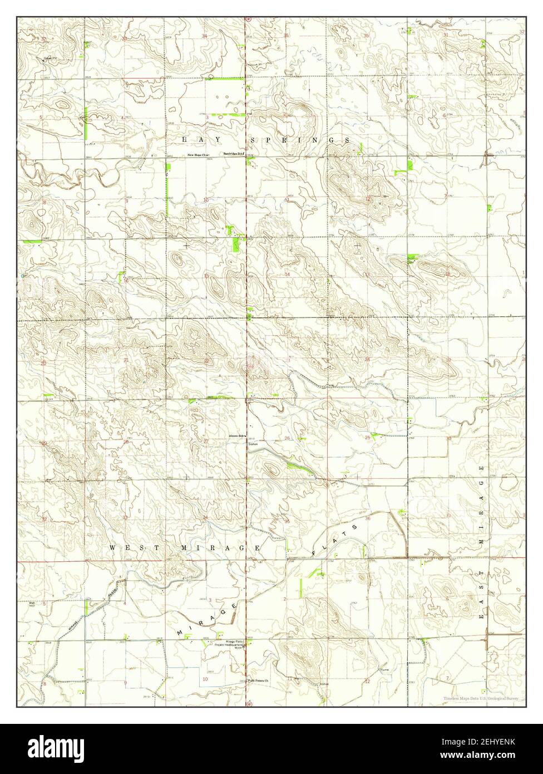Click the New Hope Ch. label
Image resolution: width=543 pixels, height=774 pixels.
197,155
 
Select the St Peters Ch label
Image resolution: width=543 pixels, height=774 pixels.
259,680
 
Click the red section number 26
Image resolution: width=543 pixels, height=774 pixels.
287,438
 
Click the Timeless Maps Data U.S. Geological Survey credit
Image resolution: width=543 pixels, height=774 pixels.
481,698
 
